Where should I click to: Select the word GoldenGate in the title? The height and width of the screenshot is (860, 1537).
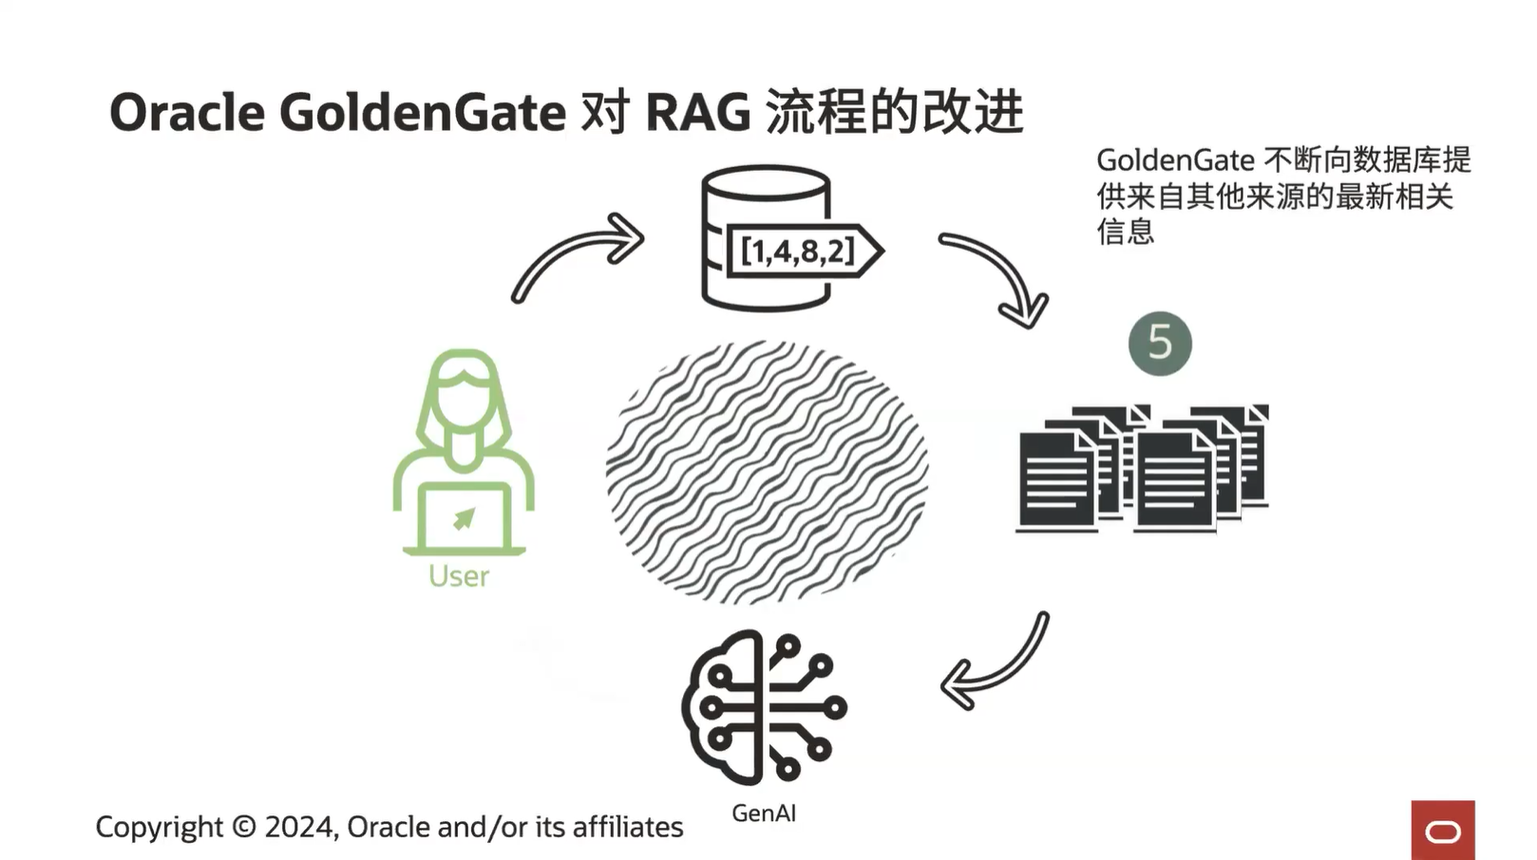coord(423,113)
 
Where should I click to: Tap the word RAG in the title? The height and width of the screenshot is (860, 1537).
coord(697,113)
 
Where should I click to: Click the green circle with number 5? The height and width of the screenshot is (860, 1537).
coord(1160,343)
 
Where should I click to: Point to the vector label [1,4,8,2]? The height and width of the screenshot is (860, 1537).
coord(797,252)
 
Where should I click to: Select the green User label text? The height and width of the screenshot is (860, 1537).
coord(459,576)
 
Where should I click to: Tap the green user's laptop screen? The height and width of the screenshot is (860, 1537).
coord(464,517)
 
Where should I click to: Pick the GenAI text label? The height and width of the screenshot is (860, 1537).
coord(764,813)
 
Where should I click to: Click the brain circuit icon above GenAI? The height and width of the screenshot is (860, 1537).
coord(764,707)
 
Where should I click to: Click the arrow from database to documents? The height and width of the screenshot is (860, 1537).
coord(997,275)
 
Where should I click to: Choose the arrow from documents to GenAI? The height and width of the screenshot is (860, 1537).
coord(997,664)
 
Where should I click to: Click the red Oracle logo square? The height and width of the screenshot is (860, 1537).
coord(1442,831)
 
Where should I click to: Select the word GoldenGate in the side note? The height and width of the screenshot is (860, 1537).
coord(1175,160)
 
